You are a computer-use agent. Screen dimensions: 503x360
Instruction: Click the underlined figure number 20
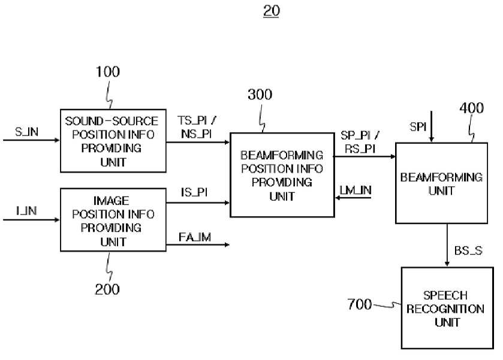click(x=272, y=11)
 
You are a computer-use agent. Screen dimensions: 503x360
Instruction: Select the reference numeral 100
click(x=108, y=71)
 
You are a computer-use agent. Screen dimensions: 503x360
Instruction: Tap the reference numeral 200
click(x=107, y=289)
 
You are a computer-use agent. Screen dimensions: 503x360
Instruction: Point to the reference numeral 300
click(x=260, y=95)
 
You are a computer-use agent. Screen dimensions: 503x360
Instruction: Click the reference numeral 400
click(x=472, y=108)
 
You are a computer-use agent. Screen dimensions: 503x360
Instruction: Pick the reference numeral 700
click(x=360, y=304)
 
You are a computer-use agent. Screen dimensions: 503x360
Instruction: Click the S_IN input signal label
click(x=26, y=131)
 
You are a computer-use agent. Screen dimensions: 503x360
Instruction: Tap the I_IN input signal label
click(x=26, y=211)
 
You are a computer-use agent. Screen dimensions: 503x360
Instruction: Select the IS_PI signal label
click(x=194, y=192)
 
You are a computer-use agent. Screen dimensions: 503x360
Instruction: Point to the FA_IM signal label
click(x=195, y=237)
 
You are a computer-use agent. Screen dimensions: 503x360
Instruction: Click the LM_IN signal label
click(x=356, y=190)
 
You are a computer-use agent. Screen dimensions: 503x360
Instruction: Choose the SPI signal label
click(x=418, y=127)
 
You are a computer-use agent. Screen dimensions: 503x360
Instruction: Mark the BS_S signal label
click(x=468, y=250)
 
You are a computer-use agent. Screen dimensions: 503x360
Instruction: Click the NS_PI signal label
click(x=196, y=134)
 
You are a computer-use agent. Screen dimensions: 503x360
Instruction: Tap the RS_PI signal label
click(x=360, y=149)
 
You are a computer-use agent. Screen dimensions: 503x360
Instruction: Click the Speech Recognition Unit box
click(x=447, y=308)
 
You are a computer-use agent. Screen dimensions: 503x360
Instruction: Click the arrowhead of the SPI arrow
click(x=432, y=140)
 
